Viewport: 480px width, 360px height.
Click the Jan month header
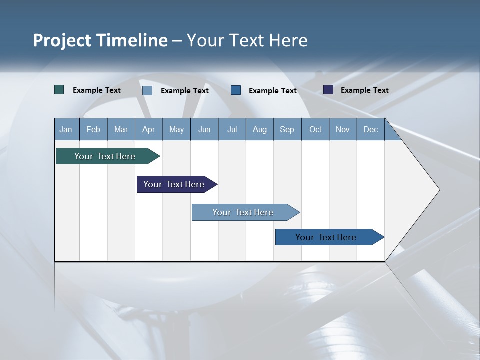66,129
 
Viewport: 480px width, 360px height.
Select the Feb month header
93,129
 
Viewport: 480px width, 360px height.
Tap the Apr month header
148,129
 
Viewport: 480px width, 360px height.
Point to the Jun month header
204,129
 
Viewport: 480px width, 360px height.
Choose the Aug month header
259,129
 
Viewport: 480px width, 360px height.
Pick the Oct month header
315,129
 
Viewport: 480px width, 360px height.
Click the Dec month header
370,129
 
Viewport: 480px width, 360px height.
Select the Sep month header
287,129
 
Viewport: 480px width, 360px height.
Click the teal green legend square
59,90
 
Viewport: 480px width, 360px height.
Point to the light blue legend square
147,90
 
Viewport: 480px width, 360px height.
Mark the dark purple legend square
328,90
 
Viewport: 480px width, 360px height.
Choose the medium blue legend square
236,90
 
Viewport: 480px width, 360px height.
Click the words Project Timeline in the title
100,40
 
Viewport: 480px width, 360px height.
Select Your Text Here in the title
247,40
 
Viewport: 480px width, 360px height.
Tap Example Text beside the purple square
364,90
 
